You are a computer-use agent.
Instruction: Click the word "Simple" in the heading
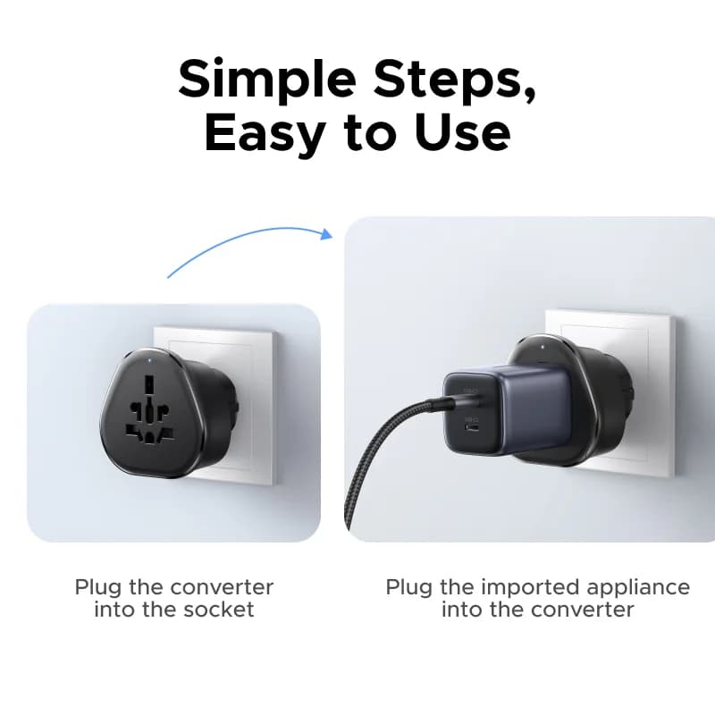(x=267, y=80)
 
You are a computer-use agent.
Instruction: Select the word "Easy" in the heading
(x=265, y=133)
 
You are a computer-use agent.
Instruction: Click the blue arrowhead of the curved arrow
(x=326, y=234)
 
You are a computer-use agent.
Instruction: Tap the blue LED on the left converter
(x=151, y=363)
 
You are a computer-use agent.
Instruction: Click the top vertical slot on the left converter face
(x=149, y=384)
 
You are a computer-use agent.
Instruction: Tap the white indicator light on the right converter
(x=543, y=347)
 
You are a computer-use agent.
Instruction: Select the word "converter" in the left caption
(x=221, y=587)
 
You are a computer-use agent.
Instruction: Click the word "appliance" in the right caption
(x=638, y=588)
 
